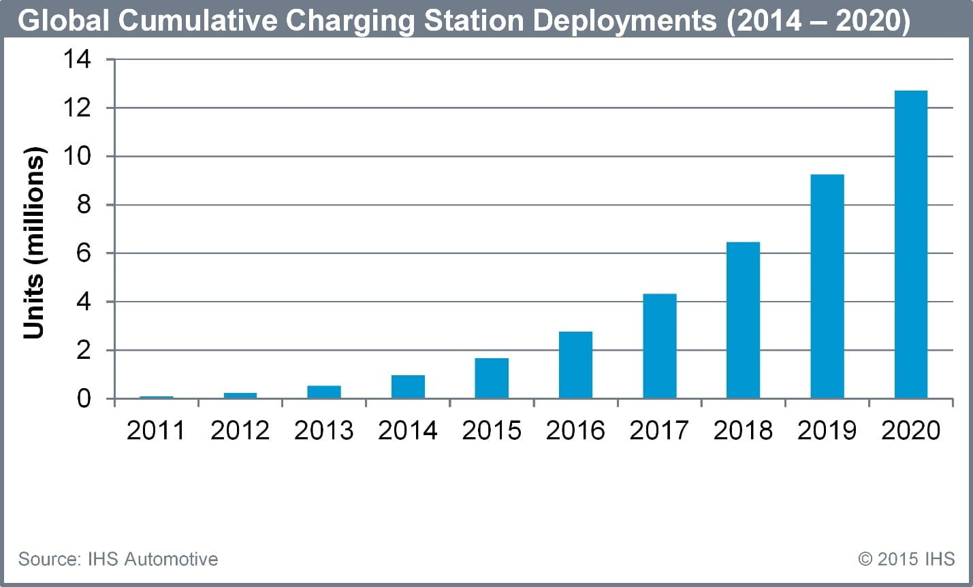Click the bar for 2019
827,286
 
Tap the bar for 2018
743,320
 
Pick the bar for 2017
659,346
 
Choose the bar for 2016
575,365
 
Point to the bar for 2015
492,378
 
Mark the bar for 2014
408,387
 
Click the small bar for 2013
324,392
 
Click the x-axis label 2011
156,430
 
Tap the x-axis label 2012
240,430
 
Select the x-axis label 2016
575,430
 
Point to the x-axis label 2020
910,430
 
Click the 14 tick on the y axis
77,60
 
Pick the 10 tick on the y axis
77,157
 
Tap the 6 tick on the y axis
83,253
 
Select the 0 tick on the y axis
83,398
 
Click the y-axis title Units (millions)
34,243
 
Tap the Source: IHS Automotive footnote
118,559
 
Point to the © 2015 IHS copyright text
906,559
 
